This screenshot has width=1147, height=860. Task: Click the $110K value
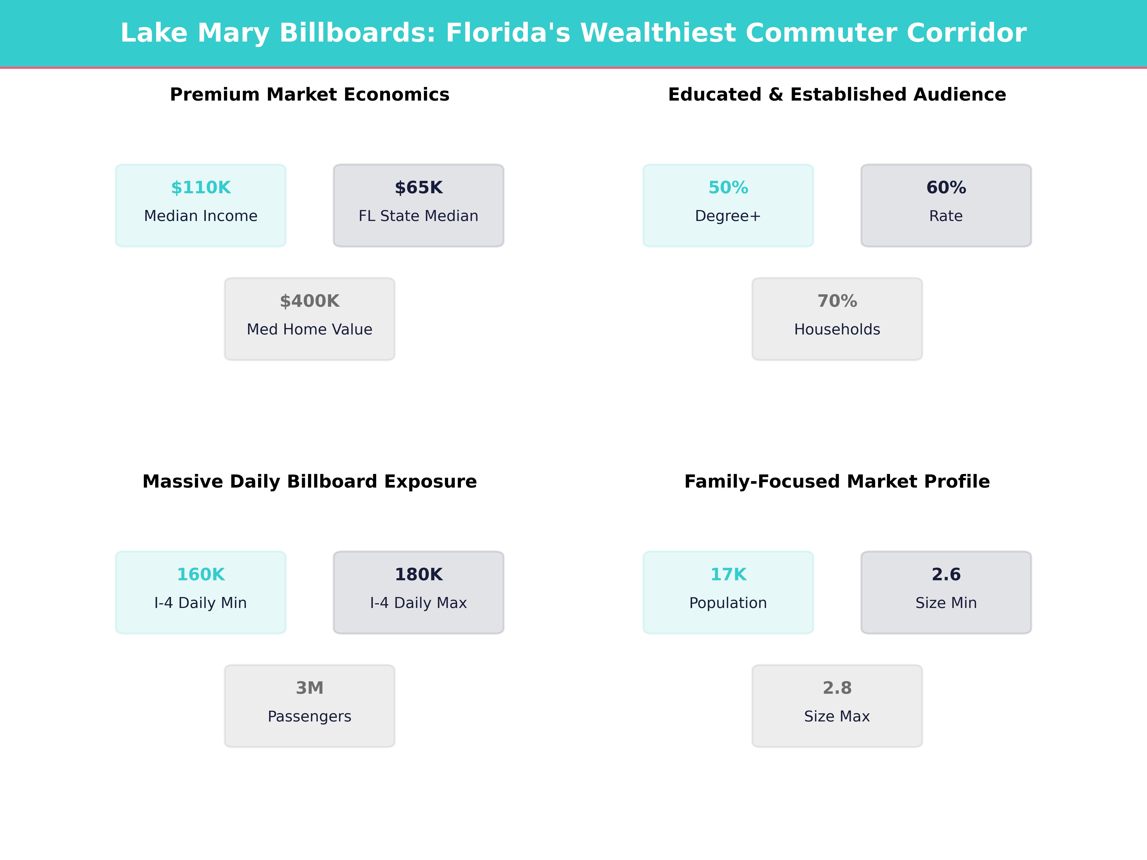point(201,188)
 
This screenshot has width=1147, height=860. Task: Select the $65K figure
point(418,188)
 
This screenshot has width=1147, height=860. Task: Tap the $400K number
point(309,301)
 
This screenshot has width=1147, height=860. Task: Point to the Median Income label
point(201,216)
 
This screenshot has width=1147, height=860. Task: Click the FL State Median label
point(418,216)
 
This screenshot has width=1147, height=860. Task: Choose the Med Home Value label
point(309,330)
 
